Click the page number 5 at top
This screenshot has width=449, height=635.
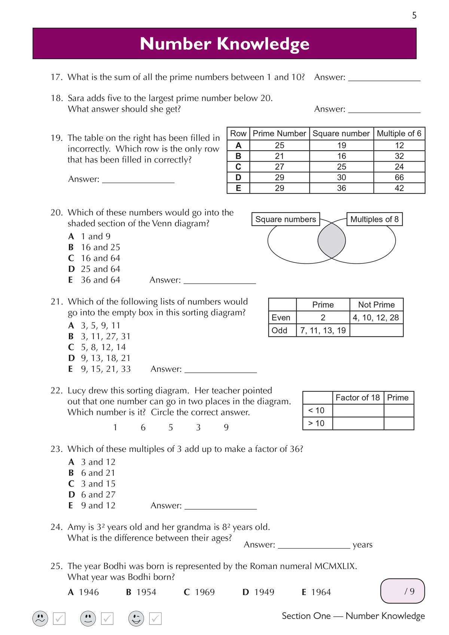point(414,15)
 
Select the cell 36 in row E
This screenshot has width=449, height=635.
point(341,188)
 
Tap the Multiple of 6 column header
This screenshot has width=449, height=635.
point(399,134)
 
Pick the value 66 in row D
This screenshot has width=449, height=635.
point(399,177)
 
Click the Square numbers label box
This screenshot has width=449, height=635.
point(285,219)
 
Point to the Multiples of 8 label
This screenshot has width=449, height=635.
point(374,219)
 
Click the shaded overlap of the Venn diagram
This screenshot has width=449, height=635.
point(332,241)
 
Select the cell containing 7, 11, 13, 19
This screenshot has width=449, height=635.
point(323,330)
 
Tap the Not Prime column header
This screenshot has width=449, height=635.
point(376,305)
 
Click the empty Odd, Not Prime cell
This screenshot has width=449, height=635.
point(376,330)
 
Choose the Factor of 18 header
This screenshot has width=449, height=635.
point(358,398)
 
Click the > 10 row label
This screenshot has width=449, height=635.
point(316,423)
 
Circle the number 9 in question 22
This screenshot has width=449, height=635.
point(226,427)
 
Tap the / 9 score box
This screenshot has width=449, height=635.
point(403,591)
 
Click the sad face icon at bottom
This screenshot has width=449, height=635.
point(40,619)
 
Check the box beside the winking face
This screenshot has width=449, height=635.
point(155,619)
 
